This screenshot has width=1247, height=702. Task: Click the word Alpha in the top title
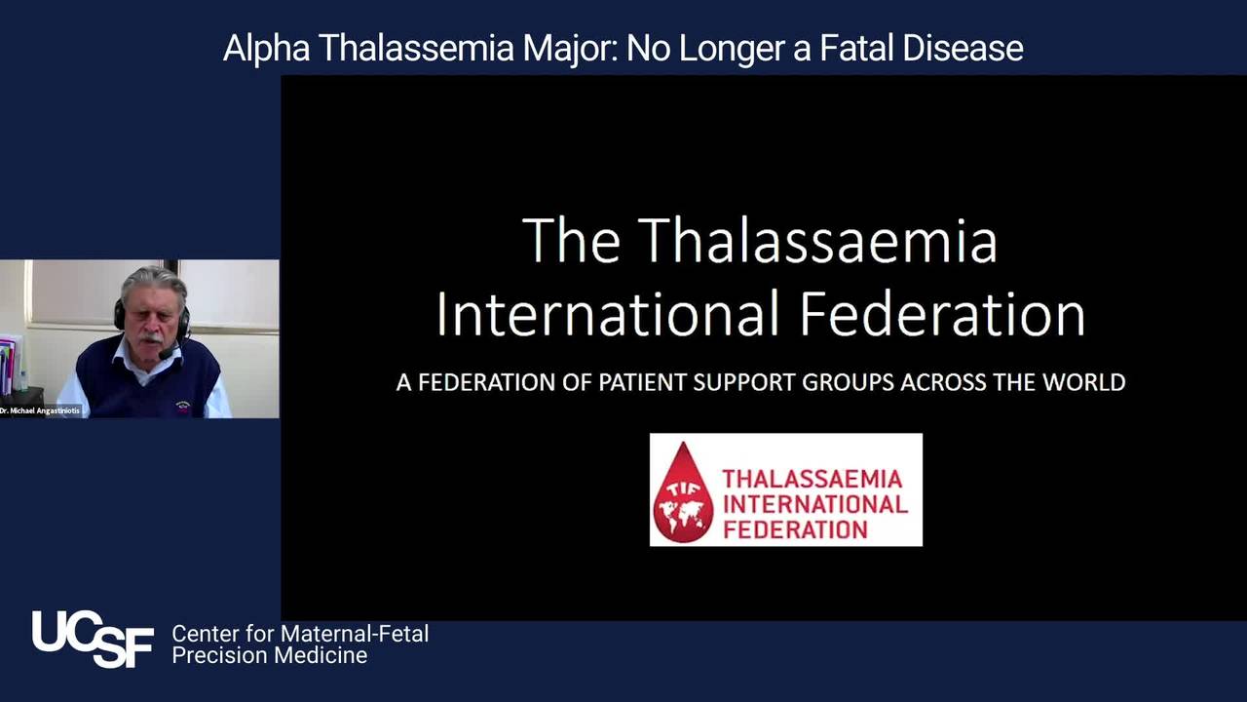point(266,49)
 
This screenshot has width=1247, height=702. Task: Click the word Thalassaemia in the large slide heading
point(817,241)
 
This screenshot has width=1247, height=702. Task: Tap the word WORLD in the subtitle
point(1084,382)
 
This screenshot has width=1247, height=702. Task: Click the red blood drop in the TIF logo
point(683,496)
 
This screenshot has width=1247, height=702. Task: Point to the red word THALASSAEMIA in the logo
point(812,479)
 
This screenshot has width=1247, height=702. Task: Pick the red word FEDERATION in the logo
point(796,529)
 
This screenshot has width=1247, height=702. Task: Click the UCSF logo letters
point(93,639)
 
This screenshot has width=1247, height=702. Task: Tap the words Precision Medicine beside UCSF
point(270,655)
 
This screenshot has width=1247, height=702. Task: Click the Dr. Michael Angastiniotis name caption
point(40,410)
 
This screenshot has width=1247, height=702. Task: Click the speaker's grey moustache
point(151,338)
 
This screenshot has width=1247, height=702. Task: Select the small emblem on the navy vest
point(183,405)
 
